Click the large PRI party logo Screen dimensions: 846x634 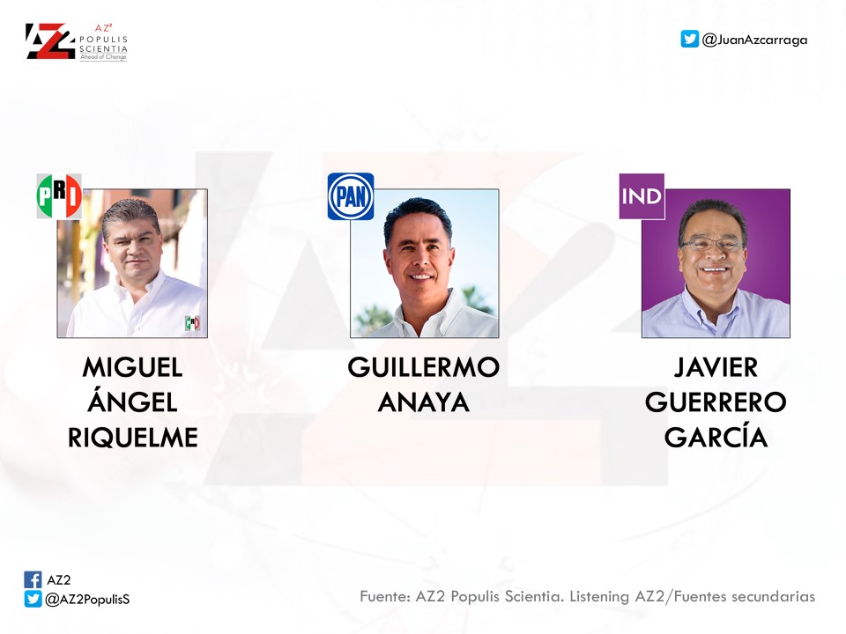pos(59,196)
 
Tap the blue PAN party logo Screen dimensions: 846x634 pos(351,196)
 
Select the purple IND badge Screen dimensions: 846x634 pos(642,196)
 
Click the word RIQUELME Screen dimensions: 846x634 pos(133,438)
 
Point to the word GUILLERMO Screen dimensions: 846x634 pos(424,368)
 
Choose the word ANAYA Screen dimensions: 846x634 pos(424,402)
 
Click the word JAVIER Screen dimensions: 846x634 pos(716,368)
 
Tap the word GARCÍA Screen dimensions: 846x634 pos(716,436)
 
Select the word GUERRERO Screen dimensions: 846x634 pos(716,402)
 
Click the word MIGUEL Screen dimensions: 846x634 pos(133,368)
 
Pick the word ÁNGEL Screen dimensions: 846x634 pos(133,401)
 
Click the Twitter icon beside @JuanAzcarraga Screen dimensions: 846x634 pos(689,39)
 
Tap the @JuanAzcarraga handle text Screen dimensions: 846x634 pos(755,40)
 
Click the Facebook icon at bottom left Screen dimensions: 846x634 pos(33,579)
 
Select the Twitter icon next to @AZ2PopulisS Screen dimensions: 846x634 pos(33,599)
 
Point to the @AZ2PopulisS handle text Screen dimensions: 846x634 pos(87,600)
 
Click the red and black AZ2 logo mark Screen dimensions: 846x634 pos(50,41)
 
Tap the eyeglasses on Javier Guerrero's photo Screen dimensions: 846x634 pos(713,245)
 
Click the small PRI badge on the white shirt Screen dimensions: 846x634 pos(193,323)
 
